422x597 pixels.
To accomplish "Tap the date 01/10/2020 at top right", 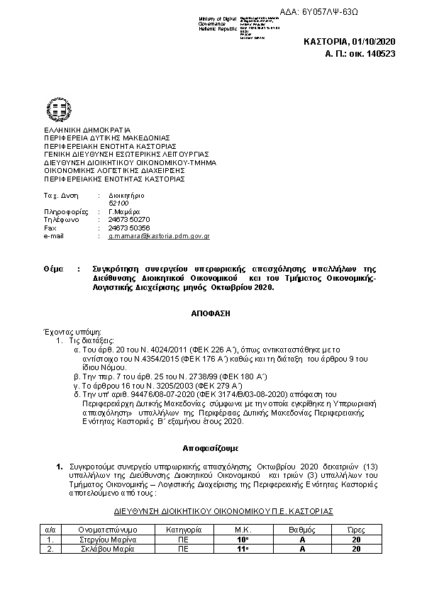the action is (370, 42).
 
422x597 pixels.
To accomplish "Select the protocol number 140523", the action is (380, 52).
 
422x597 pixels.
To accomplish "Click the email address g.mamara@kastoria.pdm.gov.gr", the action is (159, 235).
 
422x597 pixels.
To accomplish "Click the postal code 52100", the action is (118, 203).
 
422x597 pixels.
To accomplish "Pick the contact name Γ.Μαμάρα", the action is (123, 211).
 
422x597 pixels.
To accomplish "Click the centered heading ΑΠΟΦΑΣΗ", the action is (211, 312).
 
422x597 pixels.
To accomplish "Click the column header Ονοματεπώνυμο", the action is (107, 530).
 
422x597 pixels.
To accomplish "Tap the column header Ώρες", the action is (355, 530).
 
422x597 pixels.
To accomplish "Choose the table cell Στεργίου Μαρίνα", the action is (107, 539).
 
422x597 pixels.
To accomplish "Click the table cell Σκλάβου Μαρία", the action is (107, 549).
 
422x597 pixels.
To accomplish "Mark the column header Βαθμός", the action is (301, 530).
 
